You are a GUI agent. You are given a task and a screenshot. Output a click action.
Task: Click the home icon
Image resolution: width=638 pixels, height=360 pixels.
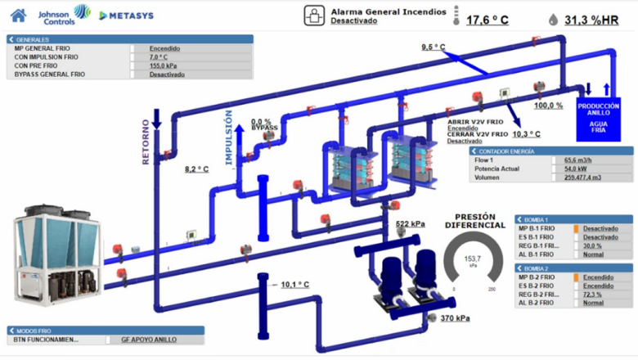pyautogui.click(x=18, y=15)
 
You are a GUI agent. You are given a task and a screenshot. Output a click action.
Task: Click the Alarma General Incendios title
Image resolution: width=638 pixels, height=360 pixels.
pyautogui.click(x=389, y=11)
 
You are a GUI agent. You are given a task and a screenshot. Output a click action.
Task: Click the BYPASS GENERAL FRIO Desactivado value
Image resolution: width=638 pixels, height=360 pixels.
pyautogui.click(x=167, y=74)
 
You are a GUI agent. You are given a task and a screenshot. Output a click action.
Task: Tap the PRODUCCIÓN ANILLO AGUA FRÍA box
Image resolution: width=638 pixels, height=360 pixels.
pyautogui.click(x=599, y=117)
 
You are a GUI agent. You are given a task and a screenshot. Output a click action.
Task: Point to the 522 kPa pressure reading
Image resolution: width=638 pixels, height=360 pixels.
pyautogui.click(x=410, y=223)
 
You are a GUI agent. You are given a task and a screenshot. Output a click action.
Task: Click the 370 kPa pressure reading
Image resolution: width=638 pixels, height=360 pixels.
pyautogui.click(x=455, y=317)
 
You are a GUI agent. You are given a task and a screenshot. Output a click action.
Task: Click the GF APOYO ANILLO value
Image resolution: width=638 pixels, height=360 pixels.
pyautogui.click(x=148, y=340)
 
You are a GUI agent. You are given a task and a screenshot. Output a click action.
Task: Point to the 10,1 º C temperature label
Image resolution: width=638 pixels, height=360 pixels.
pyautogui.click(x=295, y=285)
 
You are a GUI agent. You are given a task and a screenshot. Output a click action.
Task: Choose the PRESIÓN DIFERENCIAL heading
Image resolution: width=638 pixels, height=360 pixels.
pyautogui.click(x=474, y=222)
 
